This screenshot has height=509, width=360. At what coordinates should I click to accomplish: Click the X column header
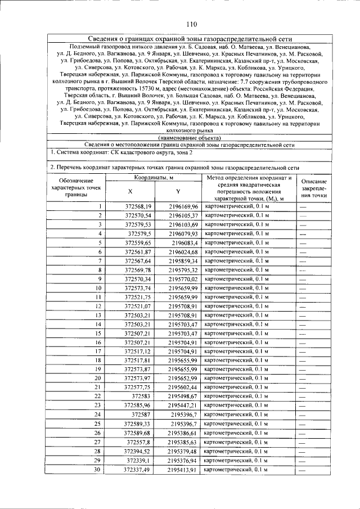(x=130, y=191)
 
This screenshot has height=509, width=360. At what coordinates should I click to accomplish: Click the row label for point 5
(x=99, y=242)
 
